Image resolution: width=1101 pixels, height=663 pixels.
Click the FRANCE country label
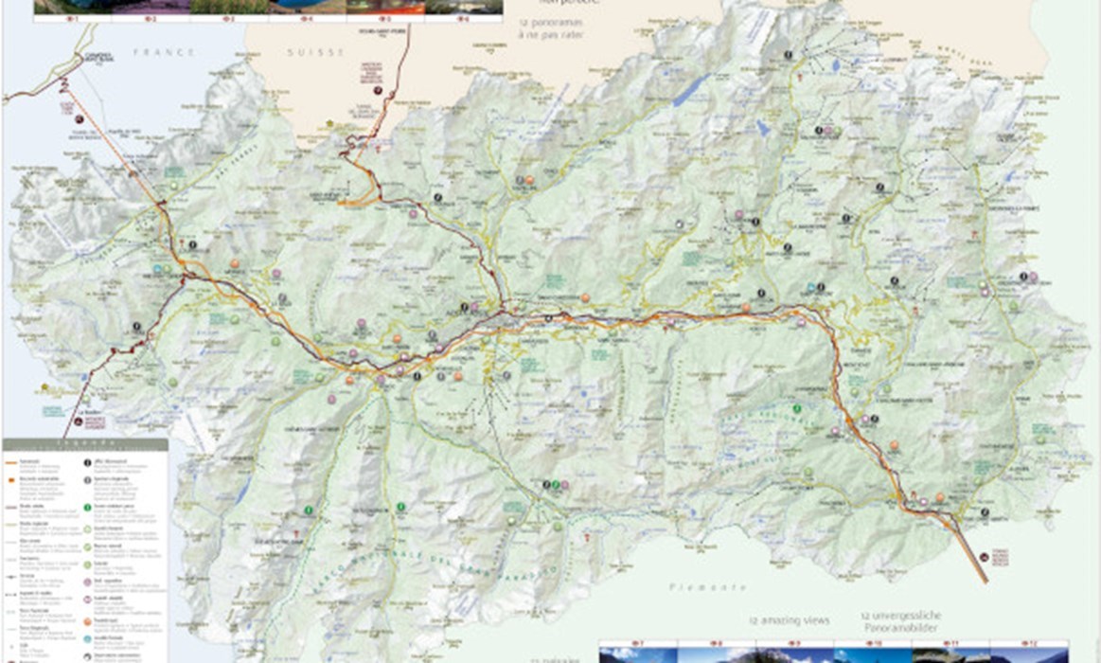pyautogui.click(x=151, y=53)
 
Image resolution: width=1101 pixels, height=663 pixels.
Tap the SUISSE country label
pyautogui.click(x=314, y=53)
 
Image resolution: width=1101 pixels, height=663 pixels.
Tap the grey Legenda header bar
pyautogui.click(x=85, y=443)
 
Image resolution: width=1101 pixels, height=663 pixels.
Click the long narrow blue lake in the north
pyautogui.click(x=693, y=90)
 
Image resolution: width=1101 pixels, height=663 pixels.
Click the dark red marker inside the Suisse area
pyautogui.click(x=378, y=91)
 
